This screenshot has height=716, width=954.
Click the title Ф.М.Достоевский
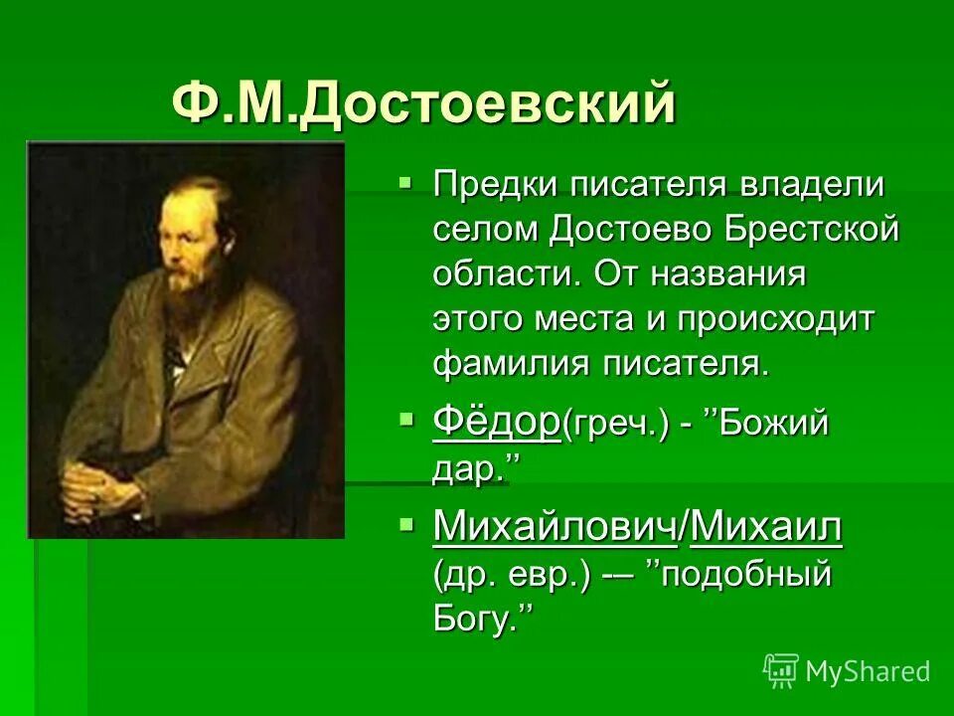[x=423, y=103]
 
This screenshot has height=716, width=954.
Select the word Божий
[x=773, y=426]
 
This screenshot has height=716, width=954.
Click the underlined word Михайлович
[x=555, y=530]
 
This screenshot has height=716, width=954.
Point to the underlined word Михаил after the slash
[x=765, y=530]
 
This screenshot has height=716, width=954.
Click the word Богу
[x=473, y=621]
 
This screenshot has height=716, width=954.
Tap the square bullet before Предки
[x=404, y=184]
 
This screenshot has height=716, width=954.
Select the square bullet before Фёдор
[x=404, y=422]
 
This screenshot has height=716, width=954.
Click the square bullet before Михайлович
[x=404, y=527]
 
